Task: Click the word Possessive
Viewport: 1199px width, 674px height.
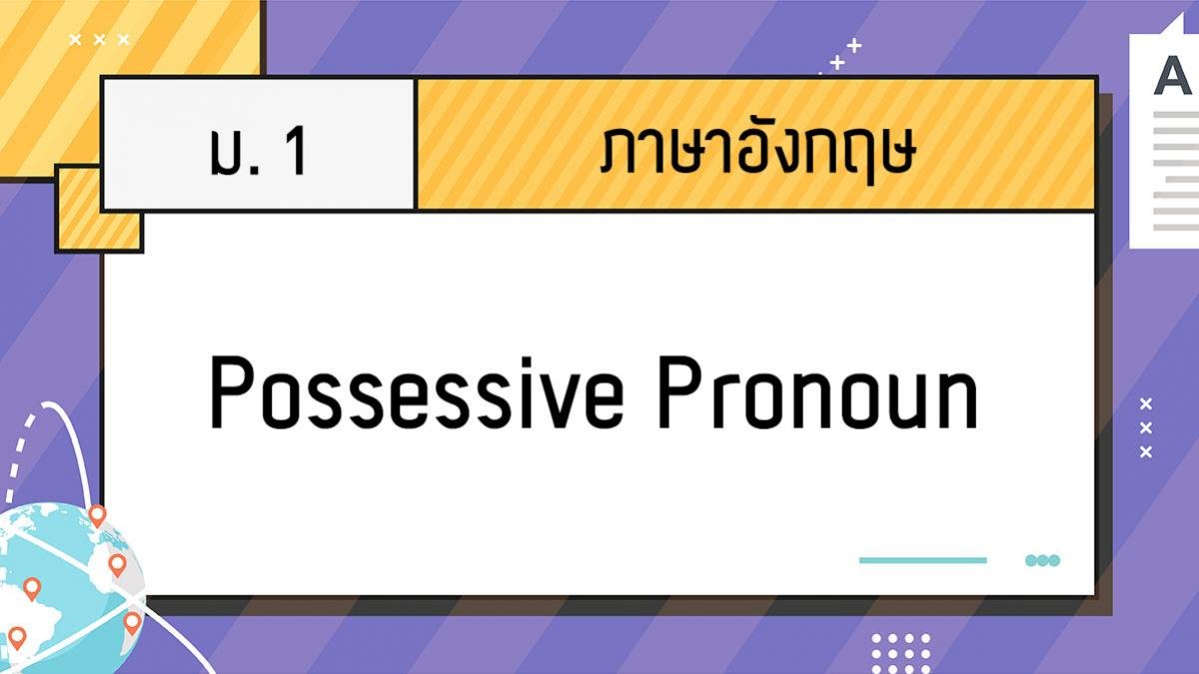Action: click(417, 392)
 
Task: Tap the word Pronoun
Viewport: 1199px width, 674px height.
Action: click(817, 392)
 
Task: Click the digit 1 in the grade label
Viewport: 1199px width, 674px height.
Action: click(296, 151)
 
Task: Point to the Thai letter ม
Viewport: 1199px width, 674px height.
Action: click(228, 151)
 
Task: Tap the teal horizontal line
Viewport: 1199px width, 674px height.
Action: click(923, 560)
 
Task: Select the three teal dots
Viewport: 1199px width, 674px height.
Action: click(1042, 560)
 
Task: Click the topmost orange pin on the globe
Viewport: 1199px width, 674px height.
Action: click(97, 515)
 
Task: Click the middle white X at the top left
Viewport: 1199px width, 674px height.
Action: click(100, 40)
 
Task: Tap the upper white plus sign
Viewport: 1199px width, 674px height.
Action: click(853, 46)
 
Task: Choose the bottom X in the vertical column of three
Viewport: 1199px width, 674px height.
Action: click(1145, 452)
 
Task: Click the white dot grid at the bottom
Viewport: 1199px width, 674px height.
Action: click(901, 654)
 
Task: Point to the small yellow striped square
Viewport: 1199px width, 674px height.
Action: click(99, 209)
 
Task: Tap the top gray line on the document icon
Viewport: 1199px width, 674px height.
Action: click(1176, 115)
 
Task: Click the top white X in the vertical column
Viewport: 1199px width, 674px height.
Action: click(1145, 403)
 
